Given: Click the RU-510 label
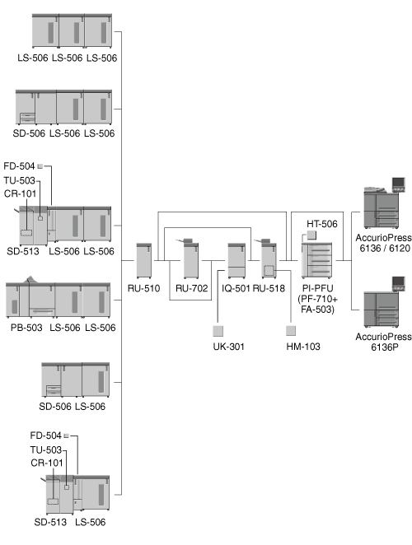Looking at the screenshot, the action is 143,288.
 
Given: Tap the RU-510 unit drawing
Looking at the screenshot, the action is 143,261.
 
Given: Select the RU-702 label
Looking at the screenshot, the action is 191,288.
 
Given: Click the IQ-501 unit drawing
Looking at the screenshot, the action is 236,261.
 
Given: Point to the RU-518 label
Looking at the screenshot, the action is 269,288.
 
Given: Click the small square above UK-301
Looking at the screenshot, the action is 218,331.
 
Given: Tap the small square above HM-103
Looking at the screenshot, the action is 291,331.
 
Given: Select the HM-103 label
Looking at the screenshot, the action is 303,347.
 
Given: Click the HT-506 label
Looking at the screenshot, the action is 322,224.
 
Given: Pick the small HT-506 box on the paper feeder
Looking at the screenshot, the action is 311,235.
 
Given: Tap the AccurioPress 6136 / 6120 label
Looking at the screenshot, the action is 383,243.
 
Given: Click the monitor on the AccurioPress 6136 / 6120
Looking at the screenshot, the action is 399,184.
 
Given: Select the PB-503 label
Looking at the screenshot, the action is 26,328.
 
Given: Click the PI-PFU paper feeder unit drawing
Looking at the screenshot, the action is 316,260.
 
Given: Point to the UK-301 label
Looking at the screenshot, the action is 228,347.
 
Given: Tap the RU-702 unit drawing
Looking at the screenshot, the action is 190,259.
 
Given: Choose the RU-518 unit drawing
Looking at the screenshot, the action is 269,259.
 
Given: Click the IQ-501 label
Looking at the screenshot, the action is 236,288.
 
